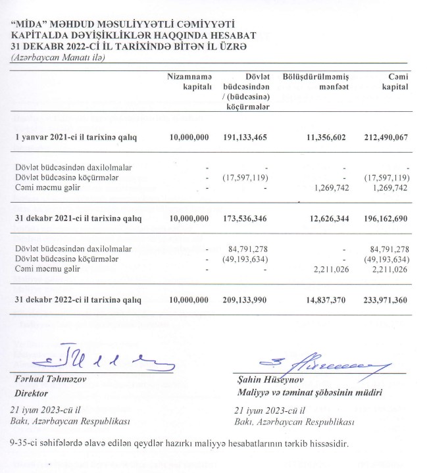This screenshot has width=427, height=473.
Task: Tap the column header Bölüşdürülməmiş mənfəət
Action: (x=315, y=82)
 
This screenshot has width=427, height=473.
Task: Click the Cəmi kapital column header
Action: (x=394, y=82)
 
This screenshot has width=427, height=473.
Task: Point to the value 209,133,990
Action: (x=245, y=300)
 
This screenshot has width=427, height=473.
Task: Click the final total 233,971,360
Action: (x=385, y=300)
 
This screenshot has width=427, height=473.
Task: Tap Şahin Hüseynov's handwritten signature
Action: (x=322, y=361)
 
